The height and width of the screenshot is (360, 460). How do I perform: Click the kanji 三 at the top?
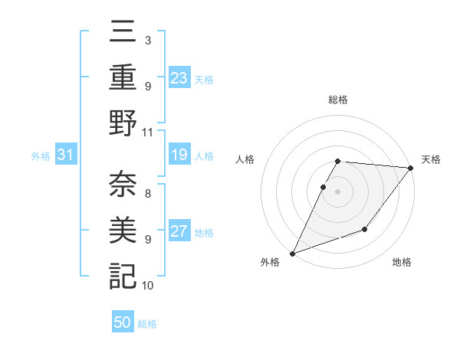pyautogui.click(x=123, y=33)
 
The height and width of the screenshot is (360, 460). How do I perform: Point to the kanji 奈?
pyautogui.click(x=123, y=183)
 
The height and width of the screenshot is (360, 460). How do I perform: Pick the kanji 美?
pyautogui.click(x=123, y=229)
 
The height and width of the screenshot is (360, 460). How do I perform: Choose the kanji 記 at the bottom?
pyautogui.click(x=123, y=275)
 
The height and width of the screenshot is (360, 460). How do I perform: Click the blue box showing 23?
pyautogui.click(x=179, y=78)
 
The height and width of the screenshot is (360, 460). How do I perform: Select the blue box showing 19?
pyautogui.click(x=179, y=155)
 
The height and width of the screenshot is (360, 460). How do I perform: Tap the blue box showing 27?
pyautogui.click(x=179, y=232)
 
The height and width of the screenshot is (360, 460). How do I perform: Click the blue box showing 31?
pyautogui.click(x=66, y=155)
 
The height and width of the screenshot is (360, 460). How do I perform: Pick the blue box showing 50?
pyautogui.click(x=123, y=323)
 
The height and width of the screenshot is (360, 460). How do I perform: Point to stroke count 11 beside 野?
pyautogui.click(x=148, y=132)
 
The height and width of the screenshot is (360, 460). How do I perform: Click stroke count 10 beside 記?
pyautogui.click(x=148, y=286)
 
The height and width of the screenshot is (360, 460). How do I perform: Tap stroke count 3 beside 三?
pyautogui.click(x=148, y=39)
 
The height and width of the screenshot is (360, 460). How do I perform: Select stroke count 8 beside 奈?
pyautogui.click(x=148, y=185)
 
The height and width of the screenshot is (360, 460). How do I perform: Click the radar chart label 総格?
pyautogui.click(x=338, y=100)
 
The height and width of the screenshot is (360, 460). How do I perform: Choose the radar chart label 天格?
pyautogui.click(x=431, y=159)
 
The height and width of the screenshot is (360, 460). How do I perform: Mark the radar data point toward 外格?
pyautogui.click(x=292, y=254)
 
